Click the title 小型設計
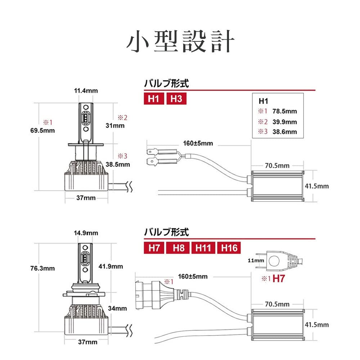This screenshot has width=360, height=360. pyautogui.click(x=180, y=42)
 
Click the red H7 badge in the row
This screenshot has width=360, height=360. pyautogui.click(x=154, y=248)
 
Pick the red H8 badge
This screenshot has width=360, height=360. pyautogui.click(x=178, y=248)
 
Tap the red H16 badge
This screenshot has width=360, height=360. pyautogui.click(x=229, y=248)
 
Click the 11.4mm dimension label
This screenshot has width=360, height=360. pyautogui.click(x=86, y=91)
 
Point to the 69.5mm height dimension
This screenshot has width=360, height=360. pyautogui.click(x=43, y=130)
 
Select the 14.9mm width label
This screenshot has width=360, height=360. pyautogui.click(x=86, y=233)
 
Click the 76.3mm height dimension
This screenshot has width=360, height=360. pyautogui.click(x=43, y=268)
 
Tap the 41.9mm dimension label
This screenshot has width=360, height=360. pyautogui.click(x=111, y=266)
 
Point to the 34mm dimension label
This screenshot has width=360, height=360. pyautogui.click(x=117, y=308)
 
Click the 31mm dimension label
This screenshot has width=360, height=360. pyautogui.click(x=115, y=126)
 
